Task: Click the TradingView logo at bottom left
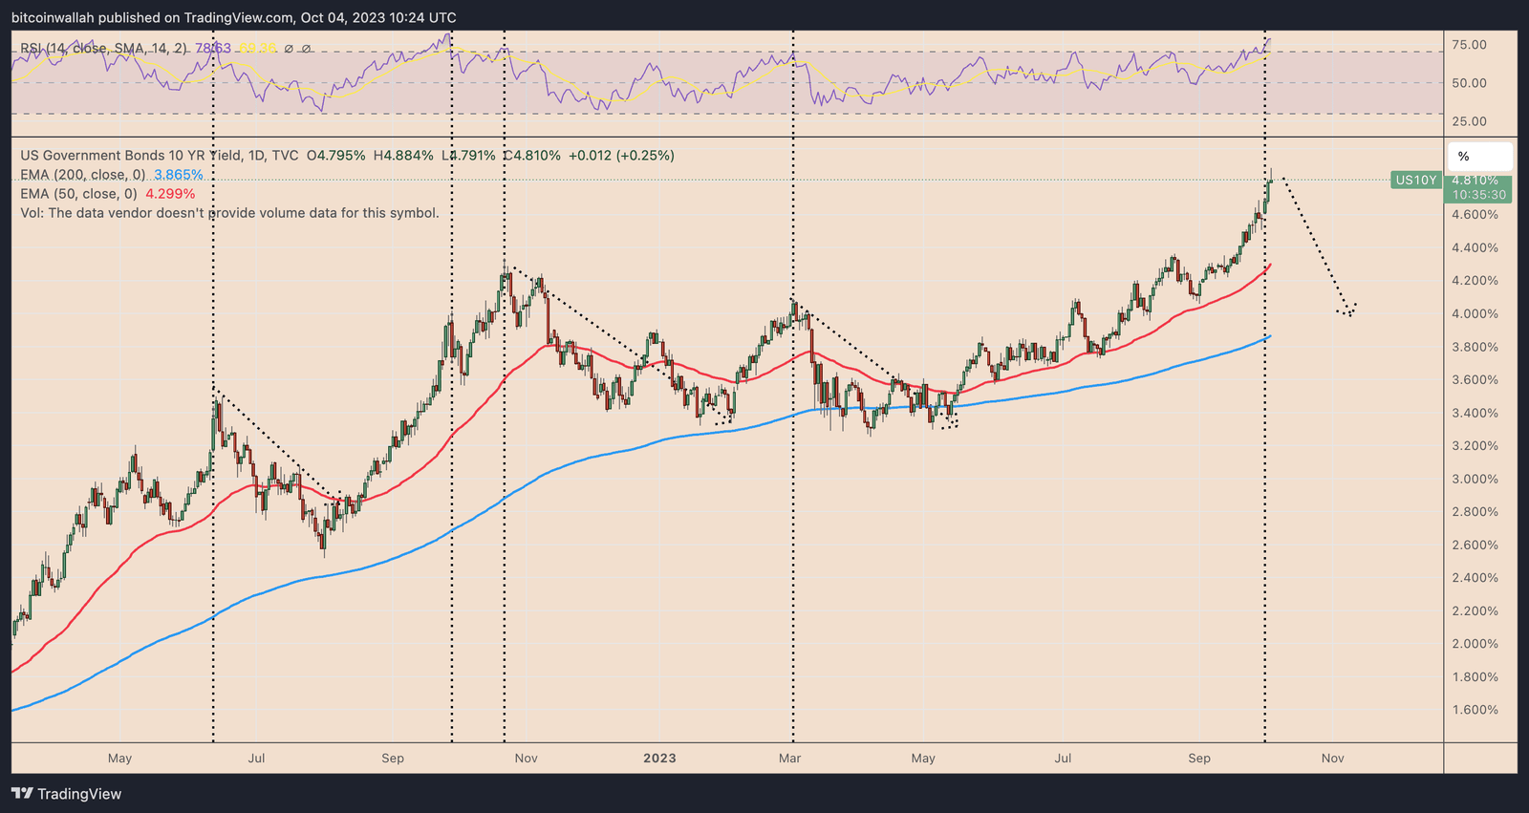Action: coord(66,794)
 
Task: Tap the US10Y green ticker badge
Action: coord(1415,181)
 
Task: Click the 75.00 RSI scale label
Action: coord(1469,45)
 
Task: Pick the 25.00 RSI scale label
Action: coord(1469,121)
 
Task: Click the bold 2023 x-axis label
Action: coord(659,759)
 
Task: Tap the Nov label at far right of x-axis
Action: coord(1332,759)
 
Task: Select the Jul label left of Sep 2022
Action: coord(256,759)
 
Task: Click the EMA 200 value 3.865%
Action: coord(179,175)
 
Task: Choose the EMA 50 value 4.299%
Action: coord(170,194)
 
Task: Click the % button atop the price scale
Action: coord(1464,157)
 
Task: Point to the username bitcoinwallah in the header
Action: coord(56,18)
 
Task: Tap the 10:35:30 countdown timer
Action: coord(1478,195)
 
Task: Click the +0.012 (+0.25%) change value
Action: coord(621,156)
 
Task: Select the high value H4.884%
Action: coord(402,156)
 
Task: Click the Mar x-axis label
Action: coord(789,759)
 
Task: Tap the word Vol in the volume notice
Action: coord(31,213)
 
